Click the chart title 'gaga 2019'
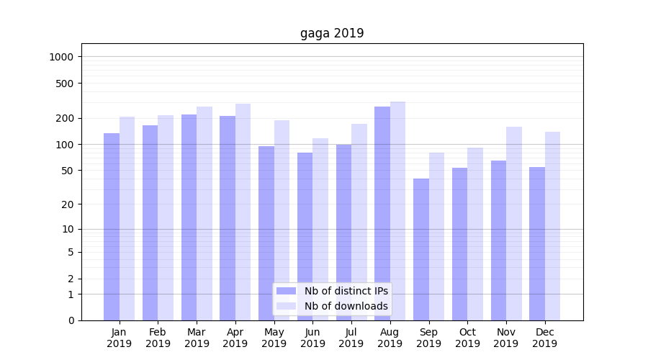(x=332, y=34)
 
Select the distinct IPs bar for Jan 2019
(x=112, y=227)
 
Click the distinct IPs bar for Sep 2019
(x=421, y=249)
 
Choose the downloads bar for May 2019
(x=282, y=220)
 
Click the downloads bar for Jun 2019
(x=320, y=229)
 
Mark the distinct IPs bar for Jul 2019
(x=343, y=233)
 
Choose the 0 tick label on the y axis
(x=71, y=320)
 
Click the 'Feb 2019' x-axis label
(x=158, y=338)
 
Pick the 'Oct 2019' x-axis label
(x=467, y=338)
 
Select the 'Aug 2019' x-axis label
(x=390, y=338)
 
